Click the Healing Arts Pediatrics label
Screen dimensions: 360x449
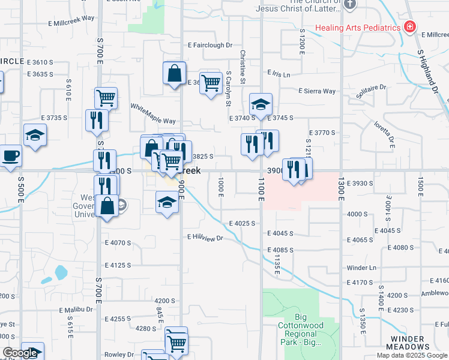pyautogui.click(x=359, y=28)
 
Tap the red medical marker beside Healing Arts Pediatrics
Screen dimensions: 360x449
pyautogui.click(x=410, y=27)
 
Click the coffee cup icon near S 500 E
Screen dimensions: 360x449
pyautogui.click(x=11, y=157)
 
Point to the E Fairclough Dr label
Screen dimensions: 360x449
pyautogui.click(x=209, y=45)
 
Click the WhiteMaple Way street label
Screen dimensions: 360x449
pyautogui.click(x=153, y=113)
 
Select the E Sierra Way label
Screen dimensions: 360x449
pyautogui.click(x=317, y=91)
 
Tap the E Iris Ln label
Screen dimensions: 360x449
pyautogui.click(x=279, y=74)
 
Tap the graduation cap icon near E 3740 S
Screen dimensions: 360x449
pyautogui.click(x=261, y=104)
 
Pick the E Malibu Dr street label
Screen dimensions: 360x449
pyautogui.click(x=76, y=310)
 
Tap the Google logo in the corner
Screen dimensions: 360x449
pyautogui.click(x=20, y=353)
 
